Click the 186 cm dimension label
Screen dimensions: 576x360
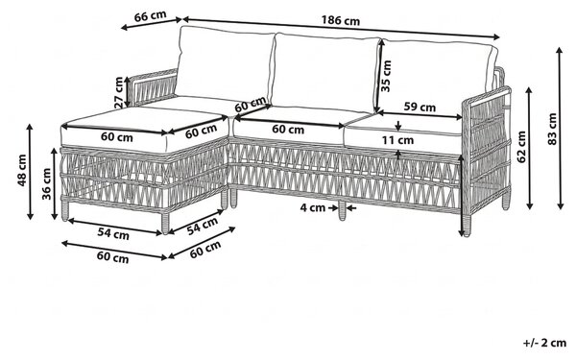[x=341, y=20]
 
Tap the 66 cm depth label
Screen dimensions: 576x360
[x=151, y=16]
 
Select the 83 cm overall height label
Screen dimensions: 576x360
[x=552, y=129]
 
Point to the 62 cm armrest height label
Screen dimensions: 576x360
[x=521, y=147]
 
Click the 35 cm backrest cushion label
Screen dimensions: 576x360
[x=386, y=76]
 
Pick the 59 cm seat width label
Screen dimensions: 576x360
[x=420, y=107]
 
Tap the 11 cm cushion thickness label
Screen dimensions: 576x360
[x=397, y=140]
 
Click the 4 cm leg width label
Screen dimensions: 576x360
[x=313, y=207]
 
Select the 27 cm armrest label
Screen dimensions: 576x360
[x=118, y=92]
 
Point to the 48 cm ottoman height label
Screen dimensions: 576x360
[x=22, y=170]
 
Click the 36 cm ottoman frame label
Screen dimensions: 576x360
[x=46, y=183]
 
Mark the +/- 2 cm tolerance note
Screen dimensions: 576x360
[x=545, y=343]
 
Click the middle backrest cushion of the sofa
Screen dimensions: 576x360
[x=326, y=72]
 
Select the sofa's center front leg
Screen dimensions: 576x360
[x=342, y=211]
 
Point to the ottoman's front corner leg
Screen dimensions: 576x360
[x=165, y=223]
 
